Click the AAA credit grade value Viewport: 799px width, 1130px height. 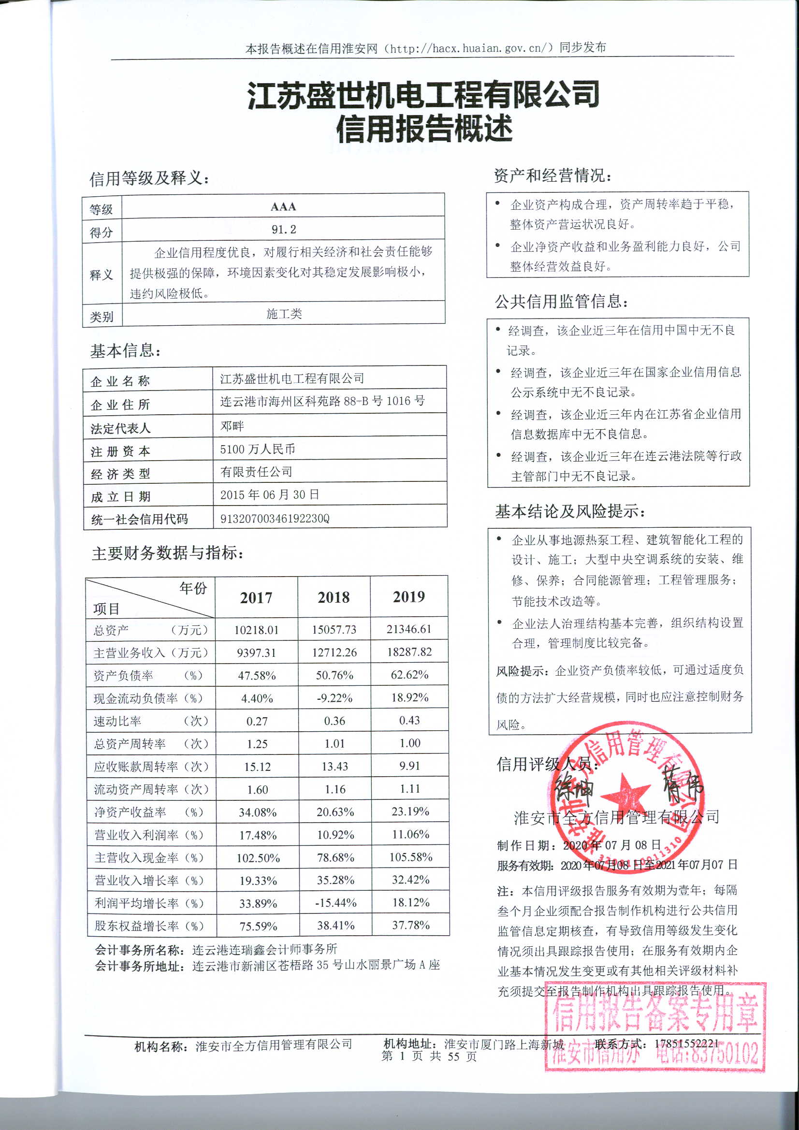[x=283, y=207]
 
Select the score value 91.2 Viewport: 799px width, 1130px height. [x=284, y=230]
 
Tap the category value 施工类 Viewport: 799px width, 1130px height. [x=284, y=314]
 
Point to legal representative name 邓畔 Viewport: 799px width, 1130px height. [x=232, y=426]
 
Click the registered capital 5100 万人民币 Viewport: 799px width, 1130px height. [x=257, y=449]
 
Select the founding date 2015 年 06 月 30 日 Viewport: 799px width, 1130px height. [x=269, y=494]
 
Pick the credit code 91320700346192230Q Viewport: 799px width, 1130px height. [x=274, y=518]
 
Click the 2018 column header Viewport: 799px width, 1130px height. [x=334, y=597]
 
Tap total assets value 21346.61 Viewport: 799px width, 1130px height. [x=408, y=629]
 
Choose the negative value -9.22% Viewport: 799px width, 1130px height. [x=334, y=698]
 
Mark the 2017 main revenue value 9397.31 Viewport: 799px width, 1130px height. [x=256, y=652]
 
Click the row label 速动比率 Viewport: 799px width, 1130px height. [x=117, y=721]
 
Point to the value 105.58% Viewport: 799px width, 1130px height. [x=410, y=857]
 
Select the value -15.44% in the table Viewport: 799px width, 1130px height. [x=336, y=903]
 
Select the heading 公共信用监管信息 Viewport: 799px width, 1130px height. [x=561, y=301]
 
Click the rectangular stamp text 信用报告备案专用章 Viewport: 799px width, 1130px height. [x=655, y=1014]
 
